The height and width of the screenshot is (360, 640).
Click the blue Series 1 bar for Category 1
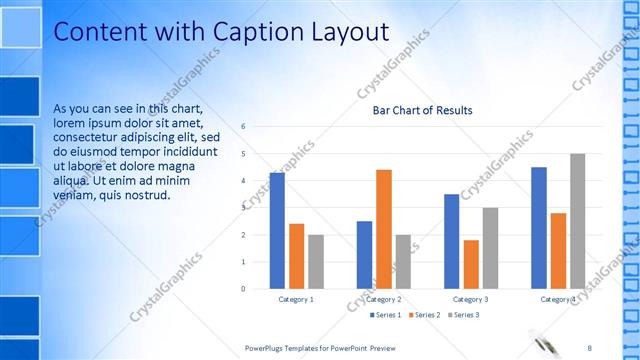277,231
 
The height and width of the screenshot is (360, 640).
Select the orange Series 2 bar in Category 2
383,229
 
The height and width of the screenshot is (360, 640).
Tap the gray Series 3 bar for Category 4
577,221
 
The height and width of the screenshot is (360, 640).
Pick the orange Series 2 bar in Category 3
471,265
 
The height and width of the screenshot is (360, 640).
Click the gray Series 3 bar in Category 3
490,248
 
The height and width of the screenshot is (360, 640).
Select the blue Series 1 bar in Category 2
364,255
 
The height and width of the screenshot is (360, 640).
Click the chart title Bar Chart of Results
422,110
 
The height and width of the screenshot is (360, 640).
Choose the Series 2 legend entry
427,315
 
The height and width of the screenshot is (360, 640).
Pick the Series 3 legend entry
465,315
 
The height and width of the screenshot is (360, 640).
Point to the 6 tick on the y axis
243,127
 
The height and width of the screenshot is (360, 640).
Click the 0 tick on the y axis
243,289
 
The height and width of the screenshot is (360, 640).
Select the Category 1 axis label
296,299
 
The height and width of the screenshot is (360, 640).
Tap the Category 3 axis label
471,299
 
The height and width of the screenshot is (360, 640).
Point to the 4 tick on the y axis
243,181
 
